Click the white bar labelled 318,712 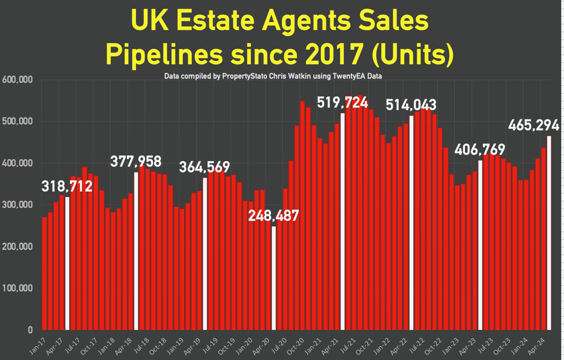[x=67, y=264]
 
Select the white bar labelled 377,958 [x=136, y=251]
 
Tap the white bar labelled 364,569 [x=205, y=254]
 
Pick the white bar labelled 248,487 [x=274, y=278]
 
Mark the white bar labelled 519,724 [x=342, y=222]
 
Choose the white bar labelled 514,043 [x=412, y=223]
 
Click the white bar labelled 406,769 [x=480, y=245]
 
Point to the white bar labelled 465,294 [x=549, y=233]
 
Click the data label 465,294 [x=534, y=125]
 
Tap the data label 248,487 [x=274, y=216]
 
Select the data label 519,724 [x=342, y=103]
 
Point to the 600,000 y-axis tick [x=17, y=80]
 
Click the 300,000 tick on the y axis [x=17, y=205]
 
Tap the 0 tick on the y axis [x=30, y=330]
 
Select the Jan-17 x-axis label [x=37, y=346]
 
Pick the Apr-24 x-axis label [x=537, y=346]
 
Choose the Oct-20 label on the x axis [x=296, y=346]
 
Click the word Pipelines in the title [x=164, y=55]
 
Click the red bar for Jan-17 [x=45, y=273]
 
